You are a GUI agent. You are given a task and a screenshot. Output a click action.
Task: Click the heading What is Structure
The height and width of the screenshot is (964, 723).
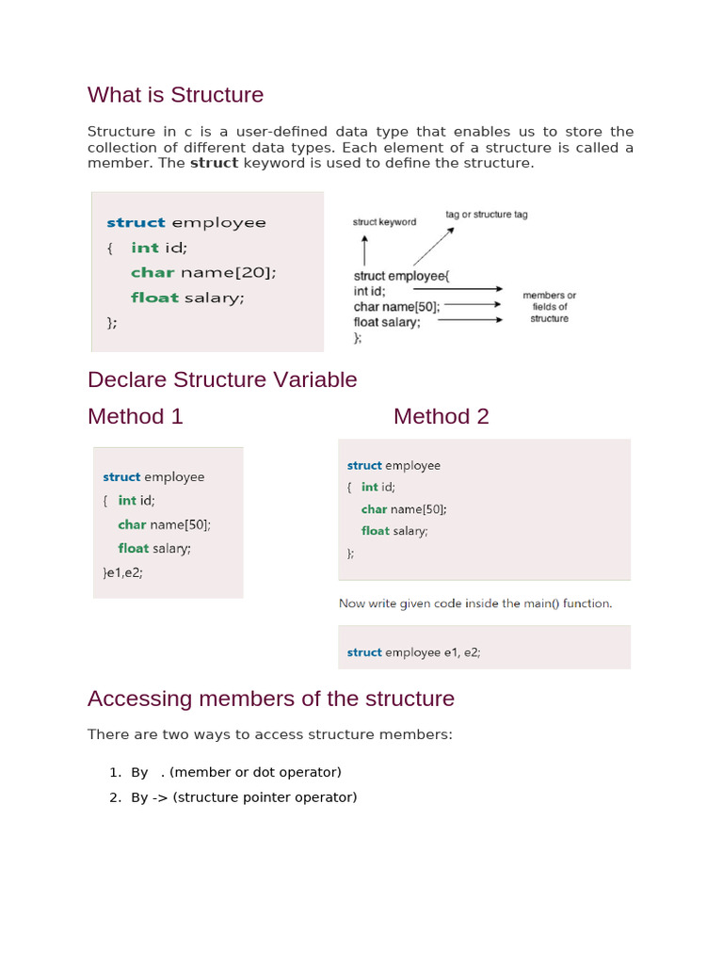click(x=175, y=95)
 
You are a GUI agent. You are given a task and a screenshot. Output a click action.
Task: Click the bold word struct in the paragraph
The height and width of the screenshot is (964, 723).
click(x=214, y=164)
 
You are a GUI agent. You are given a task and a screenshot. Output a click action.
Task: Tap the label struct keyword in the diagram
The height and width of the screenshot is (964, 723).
click(x=384, y=222)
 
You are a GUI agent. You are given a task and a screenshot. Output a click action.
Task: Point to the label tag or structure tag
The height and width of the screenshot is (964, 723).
click(x=486, y=215)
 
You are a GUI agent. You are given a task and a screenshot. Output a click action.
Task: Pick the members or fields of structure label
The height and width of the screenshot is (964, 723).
click(x=549, y=307)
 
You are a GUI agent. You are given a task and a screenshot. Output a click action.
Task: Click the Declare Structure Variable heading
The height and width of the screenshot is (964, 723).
click(x=222, y=379)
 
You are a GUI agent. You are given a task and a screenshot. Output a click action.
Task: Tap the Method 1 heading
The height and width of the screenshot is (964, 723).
click(x=135, y=416)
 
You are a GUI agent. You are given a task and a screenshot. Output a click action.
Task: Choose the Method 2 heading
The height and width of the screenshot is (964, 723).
click(x=441, y=416)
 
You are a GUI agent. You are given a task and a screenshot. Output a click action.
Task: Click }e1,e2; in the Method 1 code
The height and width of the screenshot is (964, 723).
click(x=122, y=571)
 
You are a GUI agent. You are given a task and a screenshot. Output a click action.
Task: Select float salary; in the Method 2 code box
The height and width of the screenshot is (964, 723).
click(x=394, y=531)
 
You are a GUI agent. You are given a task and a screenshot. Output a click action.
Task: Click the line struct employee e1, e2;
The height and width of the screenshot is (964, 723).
click(x=413, y=651)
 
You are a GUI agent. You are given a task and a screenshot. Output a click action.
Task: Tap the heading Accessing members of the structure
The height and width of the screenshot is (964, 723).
click(x=270, y=699)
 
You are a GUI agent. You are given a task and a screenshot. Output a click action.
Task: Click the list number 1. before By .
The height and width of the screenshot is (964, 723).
click(x=115, y=772)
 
